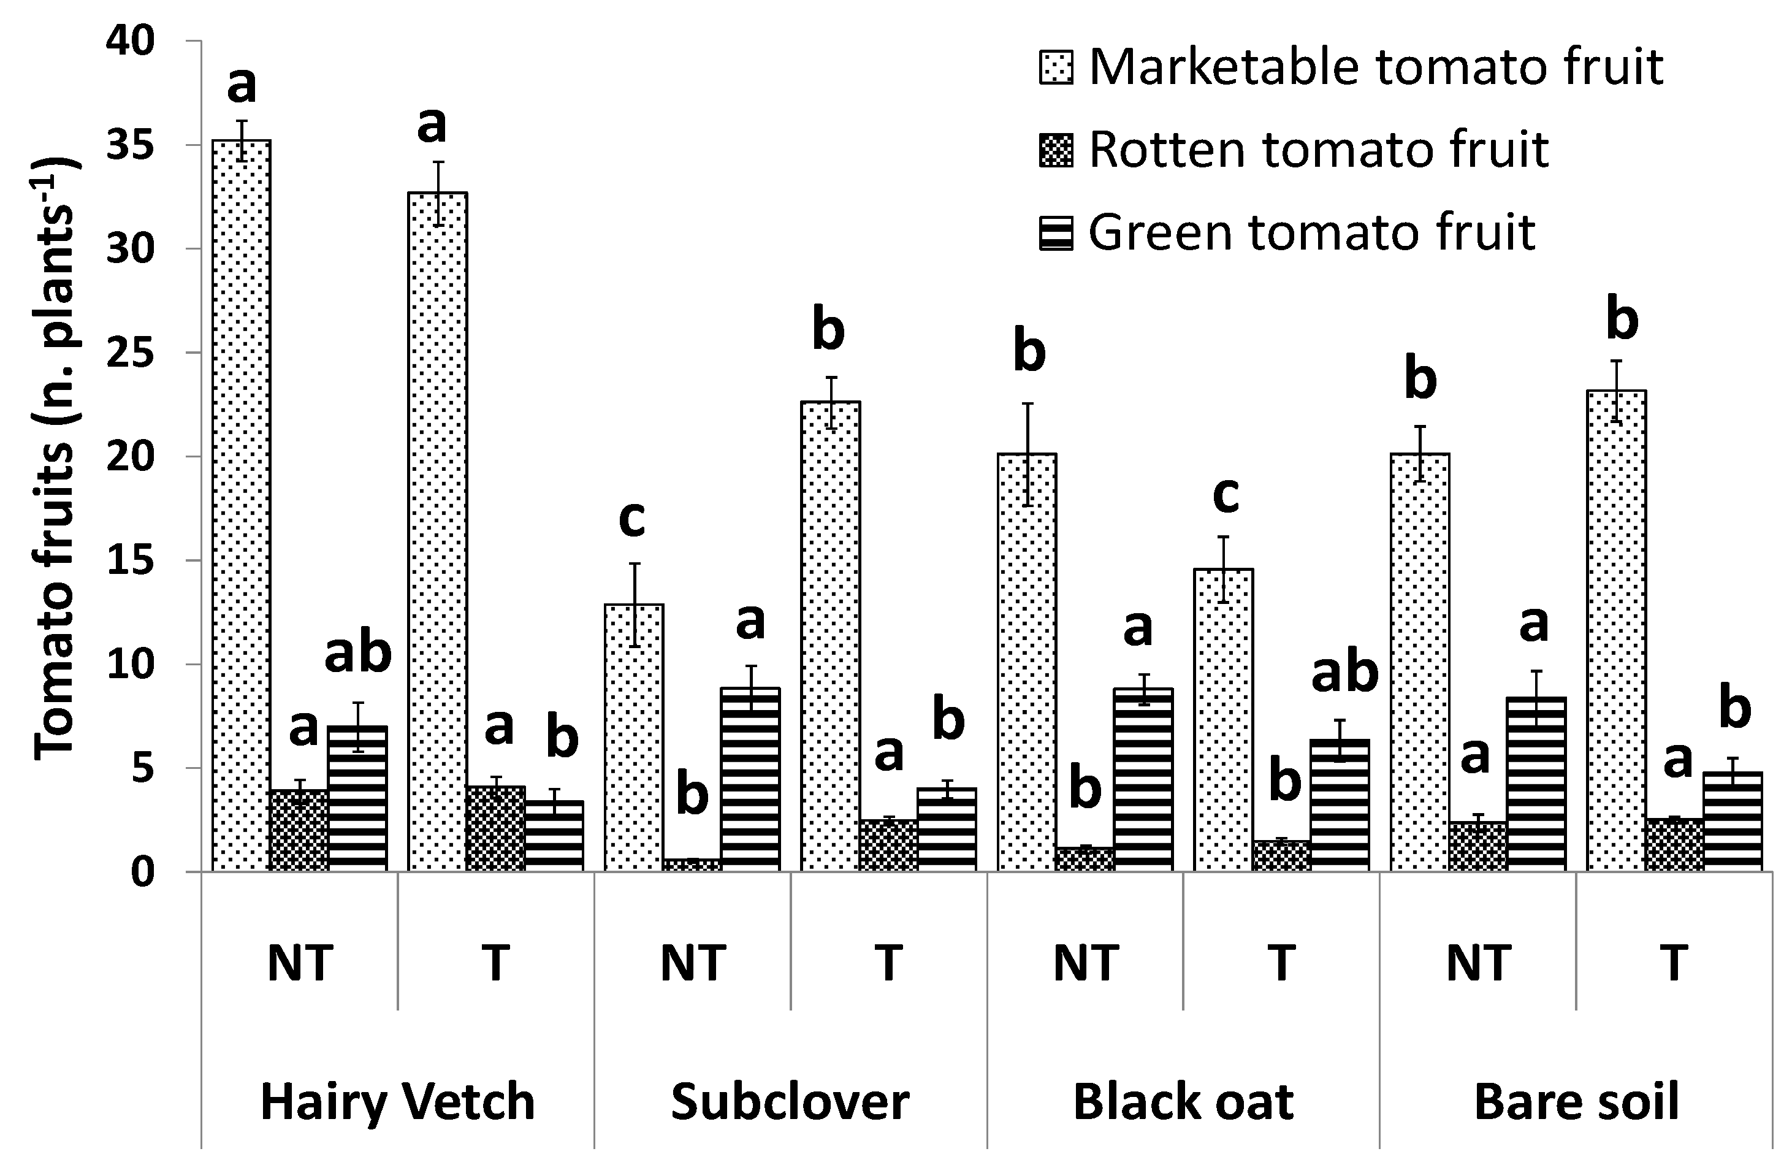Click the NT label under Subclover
click(693, 963)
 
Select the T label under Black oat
click(1281, 963)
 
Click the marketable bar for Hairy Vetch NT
click(242, 505)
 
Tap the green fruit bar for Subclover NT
click(750, 779)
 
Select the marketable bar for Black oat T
click(1224, 720)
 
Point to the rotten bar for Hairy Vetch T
click(495, 829)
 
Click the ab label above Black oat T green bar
click(1344, 671)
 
